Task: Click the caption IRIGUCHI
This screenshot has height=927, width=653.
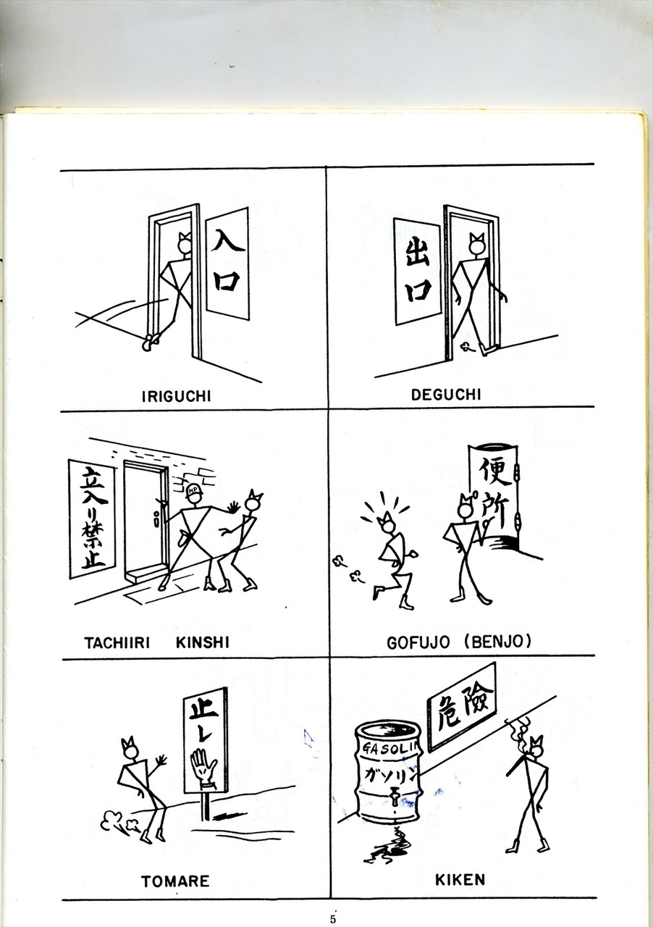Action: pyautogui.click(x=177, y=396)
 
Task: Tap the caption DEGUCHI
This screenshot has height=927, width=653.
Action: pyautogui.click(x=446, y=395)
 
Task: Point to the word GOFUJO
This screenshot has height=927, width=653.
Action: pyautogui.click(x=418, y=642)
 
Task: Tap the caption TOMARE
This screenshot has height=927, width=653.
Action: pyautogui.click(x=175, y=881)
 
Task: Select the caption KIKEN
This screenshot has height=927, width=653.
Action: pyautogui.click(x=460, y=879)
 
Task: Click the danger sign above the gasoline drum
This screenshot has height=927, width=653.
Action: pyautogui.click(x=461, y=708)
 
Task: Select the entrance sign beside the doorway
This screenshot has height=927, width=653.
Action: pyautogui.click(x=227, y=263)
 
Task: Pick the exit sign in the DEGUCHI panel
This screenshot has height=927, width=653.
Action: pyautogui.click(x=417, y=272)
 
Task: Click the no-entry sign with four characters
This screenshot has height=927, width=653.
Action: pyautogui.click(x=91, y=518)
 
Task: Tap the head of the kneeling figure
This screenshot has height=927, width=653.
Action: pyautogui.click(x=387, y=525)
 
